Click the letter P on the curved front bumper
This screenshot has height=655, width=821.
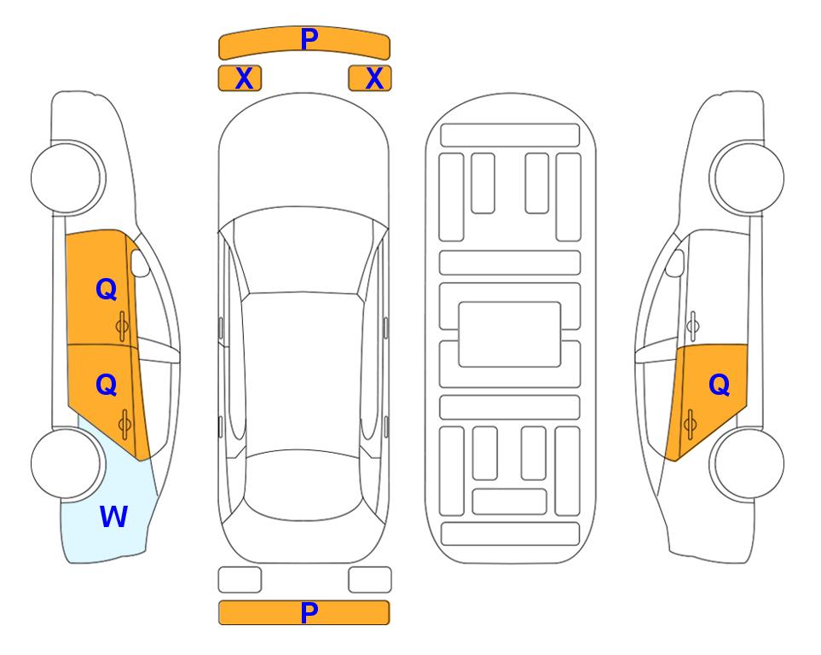point(309,38)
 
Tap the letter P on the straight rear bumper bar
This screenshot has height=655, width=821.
point(309,612)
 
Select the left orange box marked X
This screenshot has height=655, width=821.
point(240,78)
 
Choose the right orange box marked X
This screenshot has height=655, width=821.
point(370,78)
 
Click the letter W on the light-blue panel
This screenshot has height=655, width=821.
point(113,517)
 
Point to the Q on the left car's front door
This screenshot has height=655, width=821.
point(107,289)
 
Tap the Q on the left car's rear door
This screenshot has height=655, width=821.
point(107,385)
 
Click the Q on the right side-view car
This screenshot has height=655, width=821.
point(719,385)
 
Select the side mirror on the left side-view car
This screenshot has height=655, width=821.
point(140,263)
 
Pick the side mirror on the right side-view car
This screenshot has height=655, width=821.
point(674,263)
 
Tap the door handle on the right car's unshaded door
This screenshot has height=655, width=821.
point(692,326)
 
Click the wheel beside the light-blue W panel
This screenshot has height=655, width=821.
point(68,463)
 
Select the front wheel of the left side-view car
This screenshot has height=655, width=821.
point(68,178)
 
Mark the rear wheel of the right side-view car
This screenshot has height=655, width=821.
point(747,463)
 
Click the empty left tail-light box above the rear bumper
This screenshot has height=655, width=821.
point(240,580)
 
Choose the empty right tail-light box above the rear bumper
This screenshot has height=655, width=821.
point(370,580)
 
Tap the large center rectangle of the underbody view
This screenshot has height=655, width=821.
point(510,334)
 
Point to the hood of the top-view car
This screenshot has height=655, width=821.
point(304,157)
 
